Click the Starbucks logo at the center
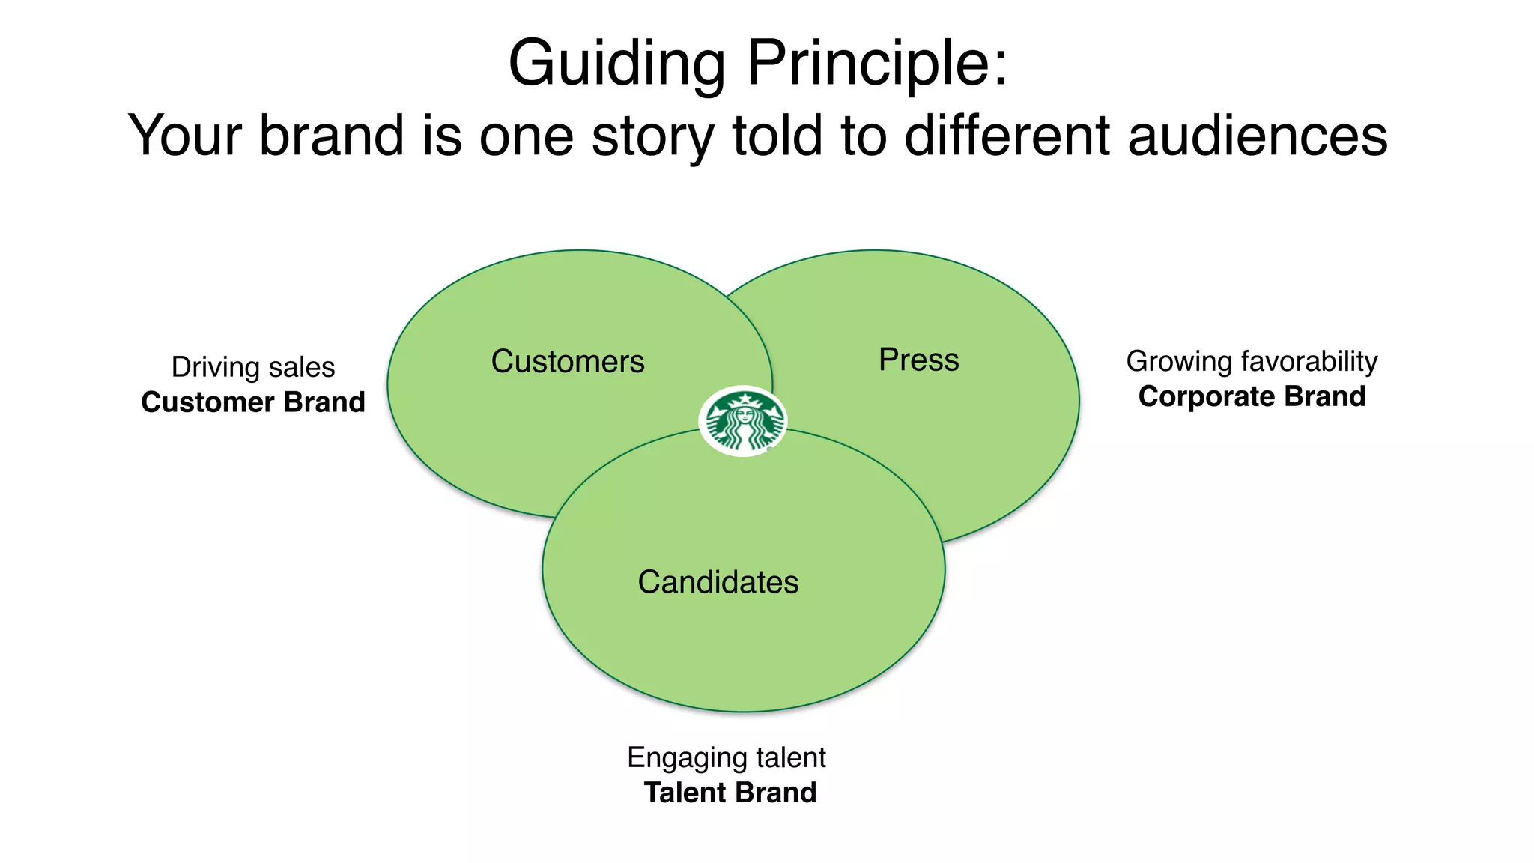click(x=742, y=421)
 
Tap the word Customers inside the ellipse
click(x=568, y=362)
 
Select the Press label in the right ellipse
click(x=918, y=360)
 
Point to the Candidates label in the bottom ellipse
click(x=718, y=582)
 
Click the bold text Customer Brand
click(x=253, y=402)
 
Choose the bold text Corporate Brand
click(x=1252, y=396)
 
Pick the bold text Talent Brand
click(x=730, y=793)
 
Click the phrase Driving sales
click(x=253, y=367)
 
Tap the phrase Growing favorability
click(x=1252, y=361)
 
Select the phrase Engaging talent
click(x=727, y=757)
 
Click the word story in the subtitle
click(x=652, y=136)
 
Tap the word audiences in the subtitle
click(x=1258, y=136)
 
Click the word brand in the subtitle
click(x=331, y=136)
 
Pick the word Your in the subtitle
click(x=184, y=136)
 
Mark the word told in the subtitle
click(x=777, y=136)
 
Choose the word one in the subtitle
click(x=527, y=136)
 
